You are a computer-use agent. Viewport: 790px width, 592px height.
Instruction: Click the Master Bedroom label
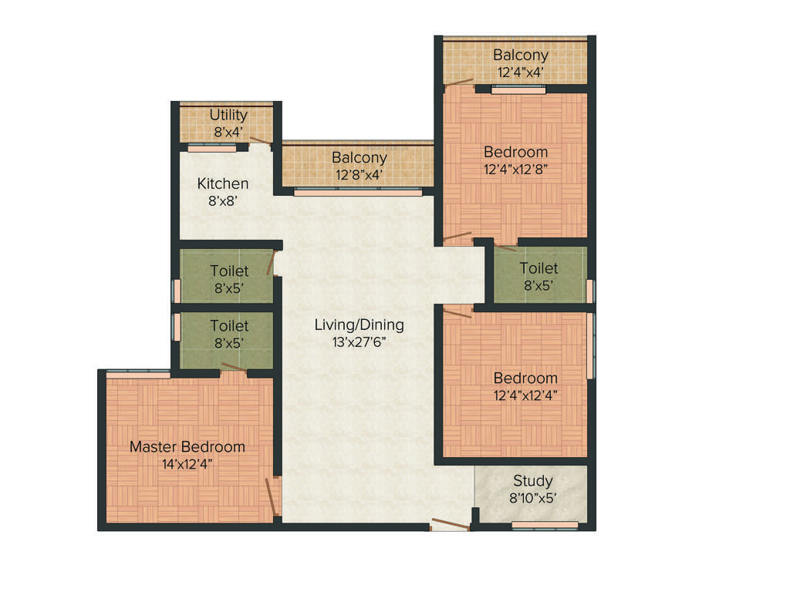pyautogui.click(x=187, y=447)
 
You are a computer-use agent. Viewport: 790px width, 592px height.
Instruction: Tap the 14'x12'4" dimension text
pyautogui.click(x=187, y=464)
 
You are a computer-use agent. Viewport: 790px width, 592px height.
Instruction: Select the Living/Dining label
pyautogui.click(x=359, y=325)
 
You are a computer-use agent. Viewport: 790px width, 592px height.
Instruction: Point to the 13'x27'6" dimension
pyautogui.click(x=359, y=341)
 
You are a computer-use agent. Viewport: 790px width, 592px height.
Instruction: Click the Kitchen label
pyautogui.click(x=223, y=183)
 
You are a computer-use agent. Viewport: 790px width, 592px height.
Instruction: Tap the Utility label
pyautogui.click(x=228, y=116)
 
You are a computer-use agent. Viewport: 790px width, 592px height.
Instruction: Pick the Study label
pyautogui.click(x=533, y=481)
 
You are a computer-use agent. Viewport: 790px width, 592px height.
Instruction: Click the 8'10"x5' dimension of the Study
pyautogui.click(x=533, y=498)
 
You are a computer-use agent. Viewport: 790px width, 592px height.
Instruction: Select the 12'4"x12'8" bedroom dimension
pyautogui.click(x=516, y=168)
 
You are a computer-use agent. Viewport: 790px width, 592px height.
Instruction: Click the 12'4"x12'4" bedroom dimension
pyautogui.click(x=525, y=395)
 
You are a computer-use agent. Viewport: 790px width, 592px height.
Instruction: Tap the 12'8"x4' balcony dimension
pyautogui.click(x=359, y=174)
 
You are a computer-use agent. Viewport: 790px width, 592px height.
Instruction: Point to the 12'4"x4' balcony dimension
pyautogui.click(x=521, y=72)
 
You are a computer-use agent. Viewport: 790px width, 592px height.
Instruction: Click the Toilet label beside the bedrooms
pyautogui.click(x=538, y=268)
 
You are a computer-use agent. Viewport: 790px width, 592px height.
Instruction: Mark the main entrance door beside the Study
pyautogui.click(x=451, y=526)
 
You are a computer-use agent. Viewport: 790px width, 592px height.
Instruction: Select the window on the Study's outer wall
pyautogui.click(x=545, y=526)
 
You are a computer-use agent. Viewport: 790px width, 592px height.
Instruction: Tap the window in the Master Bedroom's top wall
pyautogui.click(x=138, y=375)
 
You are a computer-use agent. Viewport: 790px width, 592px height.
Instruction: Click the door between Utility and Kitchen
pyautogui.click(x=260, y=140)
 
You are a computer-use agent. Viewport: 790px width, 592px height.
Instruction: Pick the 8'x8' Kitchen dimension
pyautogui.click(x=223, y=200)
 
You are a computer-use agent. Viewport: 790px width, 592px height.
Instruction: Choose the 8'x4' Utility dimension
pyautogui.click(x=228, y=132)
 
